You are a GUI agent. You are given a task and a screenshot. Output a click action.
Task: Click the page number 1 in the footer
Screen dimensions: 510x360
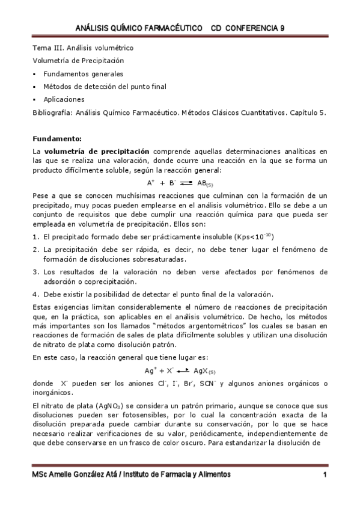point(324,475)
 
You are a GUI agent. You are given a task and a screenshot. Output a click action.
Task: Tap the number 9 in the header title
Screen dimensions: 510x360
point(282,28)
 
